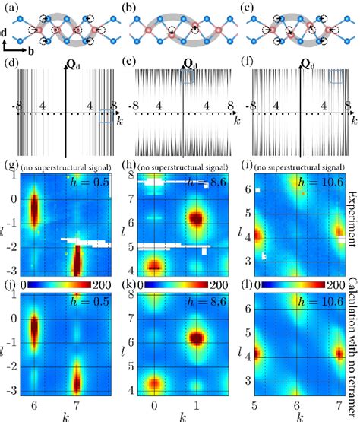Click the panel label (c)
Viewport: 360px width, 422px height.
(248, 7)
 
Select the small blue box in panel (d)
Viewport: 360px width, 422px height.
(108, 115)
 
